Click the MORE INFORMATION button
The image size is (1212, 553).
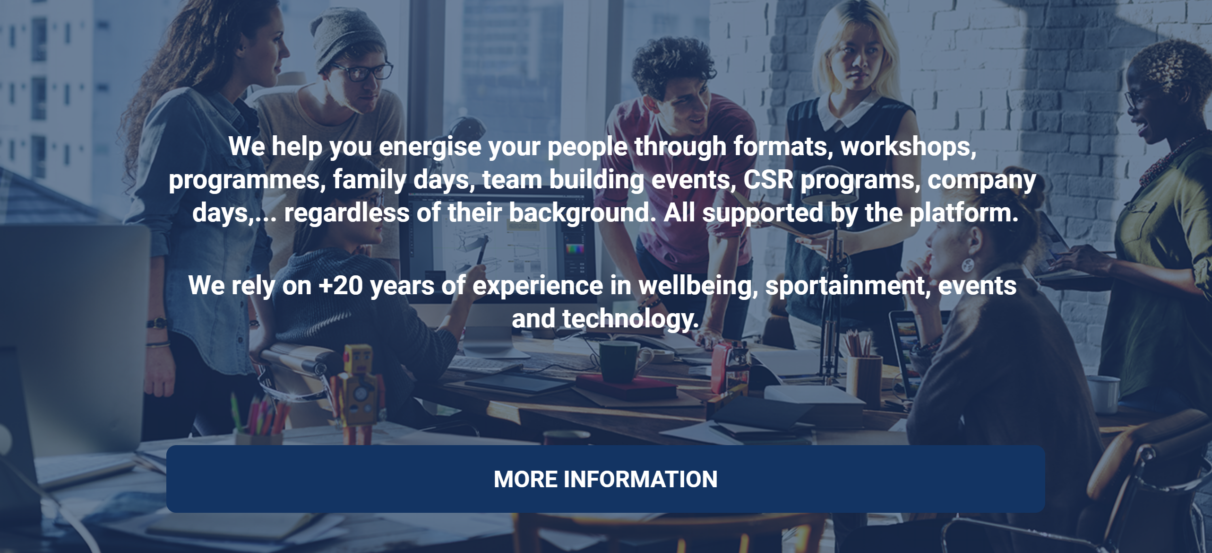pos(605,479)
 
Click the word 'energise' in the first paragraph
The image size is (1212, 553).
pos(430,147)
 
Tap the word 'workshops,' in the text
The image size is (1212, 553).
pos(908,147)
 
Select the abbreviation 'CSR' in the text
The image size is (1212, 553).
pos(768,180)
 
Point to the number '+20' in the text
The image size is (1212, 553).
pos(340,286)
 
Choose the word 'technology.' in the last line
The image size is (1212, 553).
pos(630,319)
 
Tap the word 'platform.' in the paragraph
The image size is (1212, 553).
pos(964,213)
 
